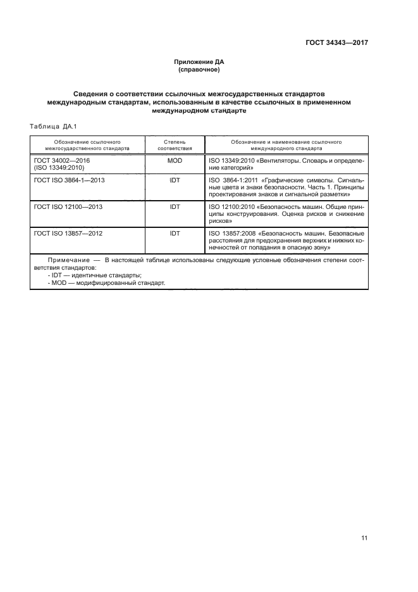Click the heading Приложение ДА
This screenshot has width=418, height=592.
pyautogui.click(x=199, y=61)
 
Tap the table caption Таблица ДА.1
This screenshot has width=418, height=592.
pyautogui.click(x=53, y=126)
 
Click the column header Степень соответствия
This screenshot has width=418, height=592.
pyautogui.click(x=175, y=145)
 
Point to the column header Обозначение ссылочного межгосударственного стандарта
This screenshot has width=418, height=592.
pyautogui.click(x=87, y=145)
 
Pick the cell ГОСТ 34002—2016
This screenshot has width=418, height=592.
pyautogui.click(x=62, y=161)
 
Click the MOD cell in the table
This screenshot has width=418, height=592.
pyautogui.click(x=175, y=161)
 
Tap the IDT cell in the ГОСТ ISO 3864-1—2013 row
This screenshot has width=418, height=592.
pyautogui.click(x=175, y=180)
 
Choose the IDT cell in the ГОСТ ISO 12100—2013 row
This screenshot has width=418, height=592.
pyautogui.click(x=175, y=206)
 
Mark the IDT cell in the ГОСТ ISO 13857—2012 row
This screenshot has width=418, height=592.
pyautogui.click(x=175, y=233)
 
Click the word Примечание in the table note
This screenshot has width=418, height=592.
pyautogui.click(x=68, y=260)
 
